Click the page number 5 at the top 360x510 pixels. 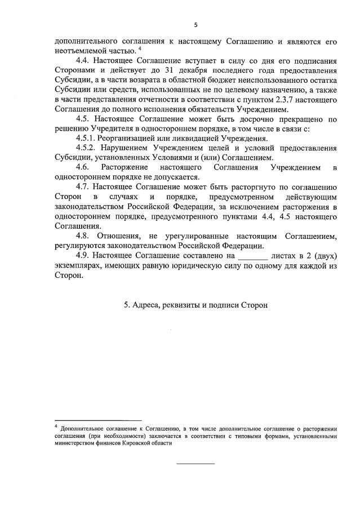195,25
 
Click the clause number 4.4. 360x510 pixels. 82,61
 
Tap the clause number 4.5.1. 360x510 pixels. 86,138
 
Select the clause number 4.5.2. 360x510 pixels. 86,148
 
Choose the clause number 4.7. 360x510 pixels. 82,187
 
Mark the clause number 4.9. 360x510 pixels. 82,255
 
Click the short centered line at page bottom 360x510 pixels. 196,463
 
